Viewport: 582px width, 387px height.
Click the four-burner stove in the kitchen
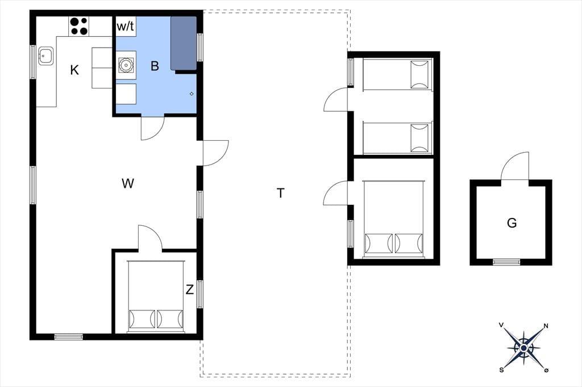(78, 26)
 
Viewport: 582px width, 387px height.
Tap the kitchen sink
(46, 56)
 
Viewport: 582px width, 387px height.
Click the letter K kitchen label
(74, 70)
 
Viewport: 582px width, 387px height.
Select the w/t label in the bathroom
(126, 27)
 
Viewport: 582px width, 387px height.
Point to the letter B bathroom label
(155, 66)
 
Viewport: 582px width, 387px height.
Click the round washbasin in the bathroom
(126, 65)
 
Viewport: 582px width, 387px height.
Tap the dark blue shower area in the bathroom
(184, 43)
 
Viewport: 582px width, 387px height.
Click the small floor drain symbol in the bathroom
(192, 94)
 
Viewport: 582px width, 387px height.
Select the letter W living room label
(128, 183)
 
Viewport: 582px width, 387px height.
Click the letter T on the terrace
(281, 193)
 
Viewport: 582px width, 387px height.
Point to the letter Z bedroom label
(190, 289)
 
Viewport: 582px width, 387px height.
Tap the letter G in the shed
(512, 223)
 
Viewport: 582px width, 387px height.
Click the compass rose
(523, 348)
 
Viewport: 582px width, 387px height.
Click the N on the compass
(546, 326)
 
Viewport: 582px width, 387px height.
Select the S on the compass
(501, 369)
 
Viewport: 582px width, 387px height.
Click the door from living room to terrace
(215, 153)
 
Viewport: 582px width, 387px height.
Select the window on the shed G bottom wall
(506, 262)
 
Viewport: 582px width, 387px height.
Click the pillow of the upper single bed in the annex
(419, 75)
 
